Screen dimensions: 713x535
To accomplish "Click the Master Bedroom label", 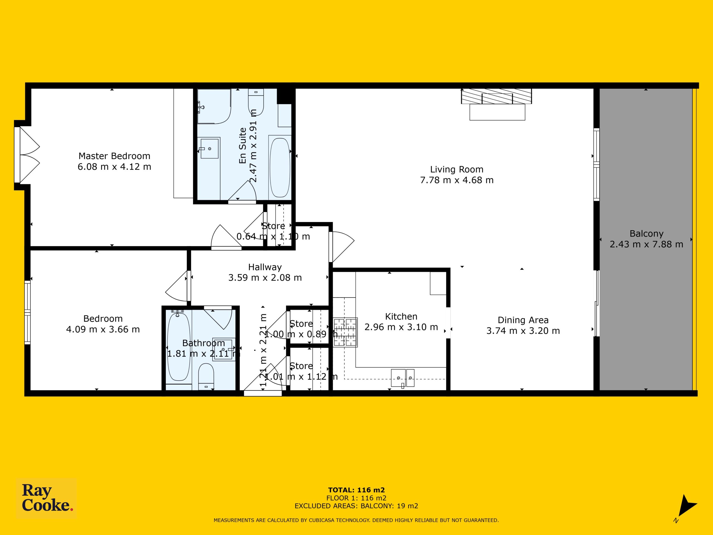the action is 114,156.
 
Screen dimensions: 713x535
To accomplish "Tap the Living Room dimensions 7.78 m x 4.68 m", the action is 457,180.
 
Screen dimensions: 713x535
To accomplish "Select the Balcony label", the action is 646,234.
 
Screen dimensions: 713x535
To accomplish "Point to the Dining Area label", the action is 523,320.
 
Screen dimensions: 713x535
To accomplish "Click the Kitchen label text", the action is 401,316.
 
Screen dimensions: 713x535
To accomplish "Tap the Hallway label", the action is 265,267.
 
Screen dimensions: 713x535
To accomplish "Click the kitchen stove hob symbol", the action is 345,332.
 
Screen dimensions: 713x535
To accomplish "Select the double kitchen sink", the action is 402,378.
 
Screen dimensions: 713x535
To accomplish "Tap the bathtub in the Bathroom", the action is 179,346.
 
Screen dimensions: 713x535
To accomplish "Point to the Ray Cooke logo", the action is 47,498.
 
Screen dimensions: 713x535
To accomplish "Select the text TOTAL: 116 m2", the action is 356,490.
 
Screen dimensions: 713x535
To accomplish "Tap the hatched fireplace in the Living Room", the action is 496,96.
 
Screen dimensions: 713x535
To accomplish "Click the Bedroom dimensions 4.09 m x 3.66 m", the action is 103,329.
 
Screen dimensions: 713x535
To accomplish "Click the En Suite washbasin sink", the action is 209,148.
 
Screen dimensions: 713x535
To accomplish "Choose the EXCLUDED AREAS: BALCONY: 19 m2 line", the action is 356,506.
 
